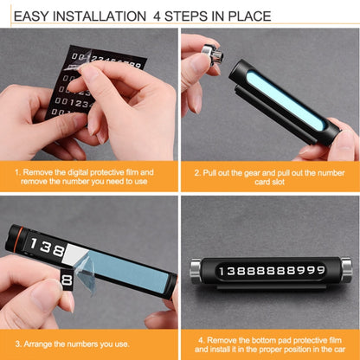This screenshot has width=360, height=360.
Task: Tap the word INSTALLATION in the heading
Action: pos(101,16)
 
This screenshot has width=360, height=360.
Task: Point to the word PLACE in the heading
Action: pos(248,16)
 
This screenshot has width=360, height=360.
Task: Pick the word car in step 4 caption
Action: pos(335,350)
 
